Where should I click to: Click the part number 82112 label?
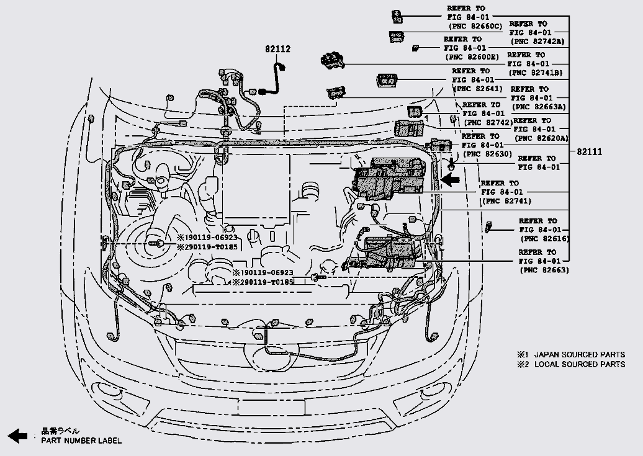pos(278,49)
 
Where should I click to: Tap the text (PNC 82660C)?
pos(474,26)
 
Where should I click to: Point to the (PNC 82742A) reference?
pos(537,42)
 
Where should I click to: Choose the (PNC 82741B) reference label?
pos(535,73)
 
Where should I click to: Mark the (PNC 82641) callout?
pos(479,89)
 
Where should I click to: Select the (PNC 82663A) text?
pos(539,106)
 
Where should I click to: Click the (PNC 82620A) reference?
pos(541,138)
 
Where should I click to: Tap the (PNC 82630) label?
pos(487,153)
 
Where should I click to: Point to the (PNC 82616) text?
pos(544,239)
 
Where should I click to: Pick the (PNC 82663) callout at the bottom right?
pos(544,270)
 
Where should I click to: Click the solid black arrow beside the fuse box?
pos(451,180)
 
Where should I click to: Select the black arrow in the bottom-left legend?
pos(18,436)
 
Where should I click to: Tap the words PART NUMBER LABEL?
pos(81,440)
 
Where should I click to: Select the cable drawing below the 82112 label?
pos(273,78)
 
